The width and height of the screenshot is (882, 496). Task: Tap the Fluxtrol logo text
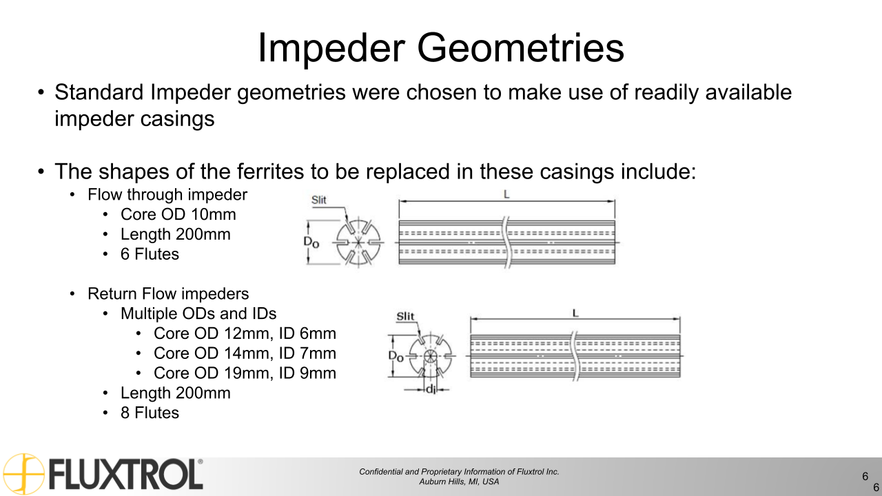[125, 475]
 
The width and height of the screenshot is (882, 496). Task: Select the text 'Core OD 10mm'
[178, 214]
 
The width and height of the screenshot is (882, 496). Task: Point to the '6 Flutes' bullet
[150, 254]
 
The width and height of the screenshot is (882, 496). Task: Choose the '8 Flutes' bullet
[150, 413]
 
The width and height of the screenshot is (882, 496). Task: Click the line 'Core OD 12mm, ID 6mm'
[245, 333]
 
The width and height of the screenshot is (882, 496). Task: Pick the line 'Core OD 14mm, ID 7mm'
[245, 353]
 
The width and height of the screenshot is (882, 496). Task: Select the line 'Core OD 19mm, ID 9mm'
[245, 373]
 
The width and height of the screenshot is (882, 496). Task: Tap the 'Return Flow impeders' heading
[168, 294]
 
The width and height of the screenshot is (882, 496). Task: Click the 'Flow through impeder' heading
[167, 195]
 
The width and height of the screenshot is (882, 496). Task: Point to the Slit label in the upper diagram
[318, 200]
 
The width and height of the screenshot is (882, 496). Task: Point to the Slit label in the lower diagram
[406, 317]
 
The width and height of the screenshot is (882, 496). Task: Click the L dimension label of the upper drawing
[506, 195]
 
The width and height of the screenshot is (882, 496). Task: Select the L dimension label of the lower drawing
[575, 313]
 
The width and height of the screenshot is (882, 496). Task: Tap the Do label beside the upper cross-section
[312, 242]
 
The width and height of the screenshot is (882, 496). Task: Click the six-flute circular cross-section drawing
[357, 242]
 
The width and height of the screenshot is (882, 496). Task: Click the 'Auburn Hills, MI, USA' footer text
[459, 482]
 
